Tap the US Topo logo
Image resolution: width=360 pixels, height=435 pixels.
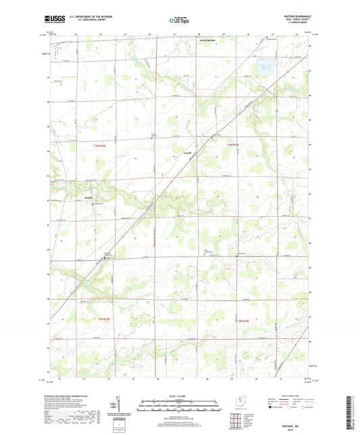tap(179, 21)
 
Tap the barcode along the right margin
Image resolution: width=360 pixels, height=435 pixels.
tap(351, 405)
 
